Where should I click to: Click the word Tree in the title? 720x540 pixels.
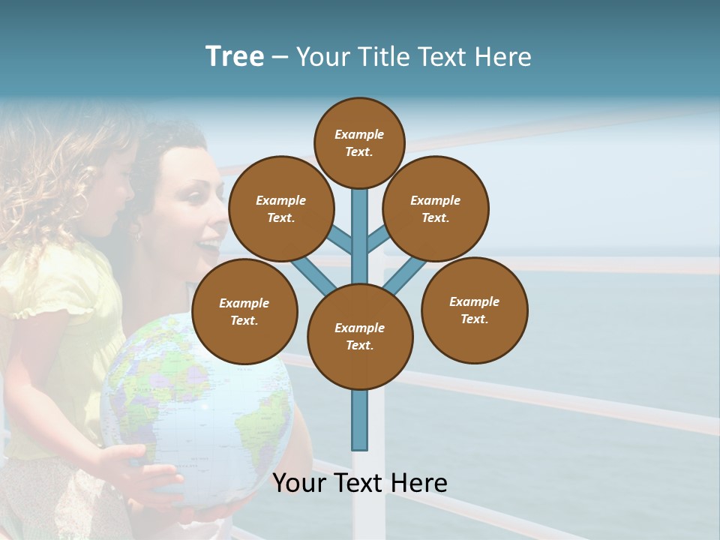235,57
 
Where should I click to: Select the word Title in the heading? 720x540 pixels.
385,57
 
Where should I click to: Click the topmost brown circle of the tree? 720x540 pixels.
359,142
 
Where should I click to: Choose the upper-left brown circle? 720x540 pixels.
280,208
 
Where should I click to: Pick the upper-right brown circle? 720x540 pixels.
435,208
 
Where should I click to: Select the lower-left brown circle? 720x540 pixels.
244,311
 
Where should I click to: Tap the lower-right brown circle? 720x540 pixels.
474,310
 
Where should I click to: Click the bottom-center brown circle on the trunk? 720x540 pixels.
359,336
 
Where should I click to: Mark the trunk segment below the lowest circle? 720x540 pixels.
359,420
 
